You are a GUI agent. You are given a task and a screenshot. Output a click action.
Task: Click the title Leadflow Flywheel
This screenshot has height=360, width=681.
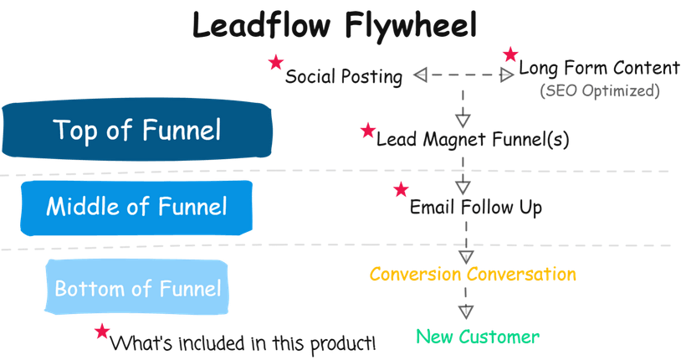(x=335, y=26)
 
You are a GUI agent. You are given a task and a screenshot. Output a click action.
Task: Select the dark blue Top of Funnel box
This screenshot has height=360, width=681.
(x=137, y=131)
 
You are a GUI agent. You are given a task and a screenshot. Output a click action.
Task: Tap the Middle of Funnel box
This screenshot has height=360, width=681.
(x=136, y=206)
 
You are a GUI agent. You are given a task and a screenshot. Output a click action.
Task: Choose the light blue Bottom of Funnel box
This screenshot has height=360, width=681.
(x=137, y=289)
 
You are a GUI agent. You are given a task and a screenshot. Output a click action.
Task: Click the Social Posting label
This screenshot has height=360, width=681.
(x=344, y=77)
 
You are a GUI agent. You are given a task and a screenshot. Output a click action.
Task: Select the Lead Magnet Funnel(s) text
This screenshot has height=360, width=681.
(x=473, y=139)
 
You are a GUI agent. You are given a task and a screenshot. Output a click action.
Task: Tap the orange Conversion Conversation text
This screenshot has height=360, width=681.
(x=473, y=274)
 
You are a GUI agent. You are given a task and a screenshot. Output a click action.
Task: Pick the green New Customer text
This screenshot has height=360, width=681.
(x=478, y=337)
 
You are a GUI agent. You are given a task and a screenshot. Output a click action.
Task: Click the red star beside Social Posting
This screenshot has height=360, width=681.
(x=274, y=63)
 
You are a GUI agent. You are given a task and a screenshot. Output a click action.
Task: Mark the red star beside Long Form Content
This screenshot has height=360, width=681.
(x=509, y=55)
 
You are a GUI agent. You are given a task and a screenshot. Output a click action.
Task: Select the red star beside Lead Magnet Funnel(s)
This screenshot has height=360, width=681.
(x=367, y=130)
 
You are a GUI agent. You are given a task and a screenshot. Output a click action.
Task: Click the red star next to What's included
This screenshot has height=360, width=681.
(x=102, y=331)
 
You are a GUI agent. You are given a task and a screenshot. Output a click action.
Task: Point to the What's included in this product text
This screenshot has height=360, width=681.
(x=243, y=342)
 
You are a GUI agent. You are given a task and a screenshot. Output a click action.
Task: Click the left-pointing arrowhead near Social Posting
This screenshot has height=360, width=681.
(x=421, y=76)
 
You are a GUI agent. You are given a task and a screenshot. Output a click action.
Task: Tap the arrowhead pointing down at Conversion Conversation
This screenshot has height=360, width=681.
(x=466, y=256)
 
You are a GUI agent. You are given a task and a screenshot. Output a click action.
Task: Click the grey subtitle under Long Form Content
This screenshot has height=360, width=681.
(x=599, y=90)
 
